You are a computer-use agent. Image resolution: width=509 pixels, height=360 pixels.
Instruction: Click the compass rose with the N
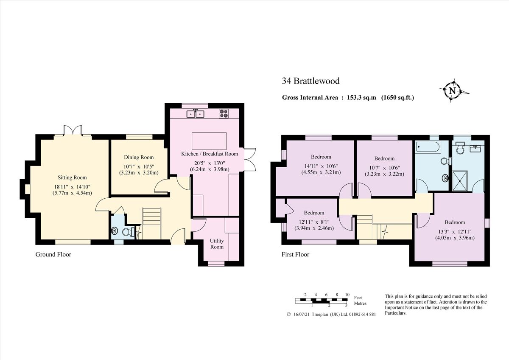(x=453, y=91)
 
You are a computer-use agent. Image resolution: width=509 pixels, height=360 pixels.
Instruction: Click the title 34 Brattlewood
(x=310, y=81)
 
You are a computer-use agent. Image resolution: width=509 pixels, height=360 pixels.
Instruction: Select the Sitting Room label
(x=72, y=177)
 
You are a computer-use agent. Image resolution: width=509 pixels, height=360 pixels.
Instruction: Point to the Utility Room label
(x=217, y=244)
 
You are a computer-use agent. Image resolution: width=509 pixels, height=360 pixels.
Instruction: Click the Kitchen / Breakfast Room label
(x=210, y=154)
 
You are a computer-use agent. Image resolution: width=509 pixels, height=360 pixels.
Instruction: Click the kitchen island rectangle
(x=209, y=140)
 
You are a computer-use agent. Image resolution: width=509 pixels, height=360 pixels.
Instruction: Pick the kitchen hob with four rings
(x=224, y=113)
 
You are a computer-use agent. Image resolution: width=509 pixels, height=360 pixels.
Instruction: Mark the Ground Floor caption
(x=53, y=255)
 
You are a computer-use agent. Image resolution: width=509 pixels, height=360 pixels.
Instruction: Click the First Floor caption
(x=295, y=255)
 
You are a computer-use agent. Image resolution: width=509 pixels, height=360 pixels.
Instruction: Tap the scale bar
(x=322, y=301)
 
